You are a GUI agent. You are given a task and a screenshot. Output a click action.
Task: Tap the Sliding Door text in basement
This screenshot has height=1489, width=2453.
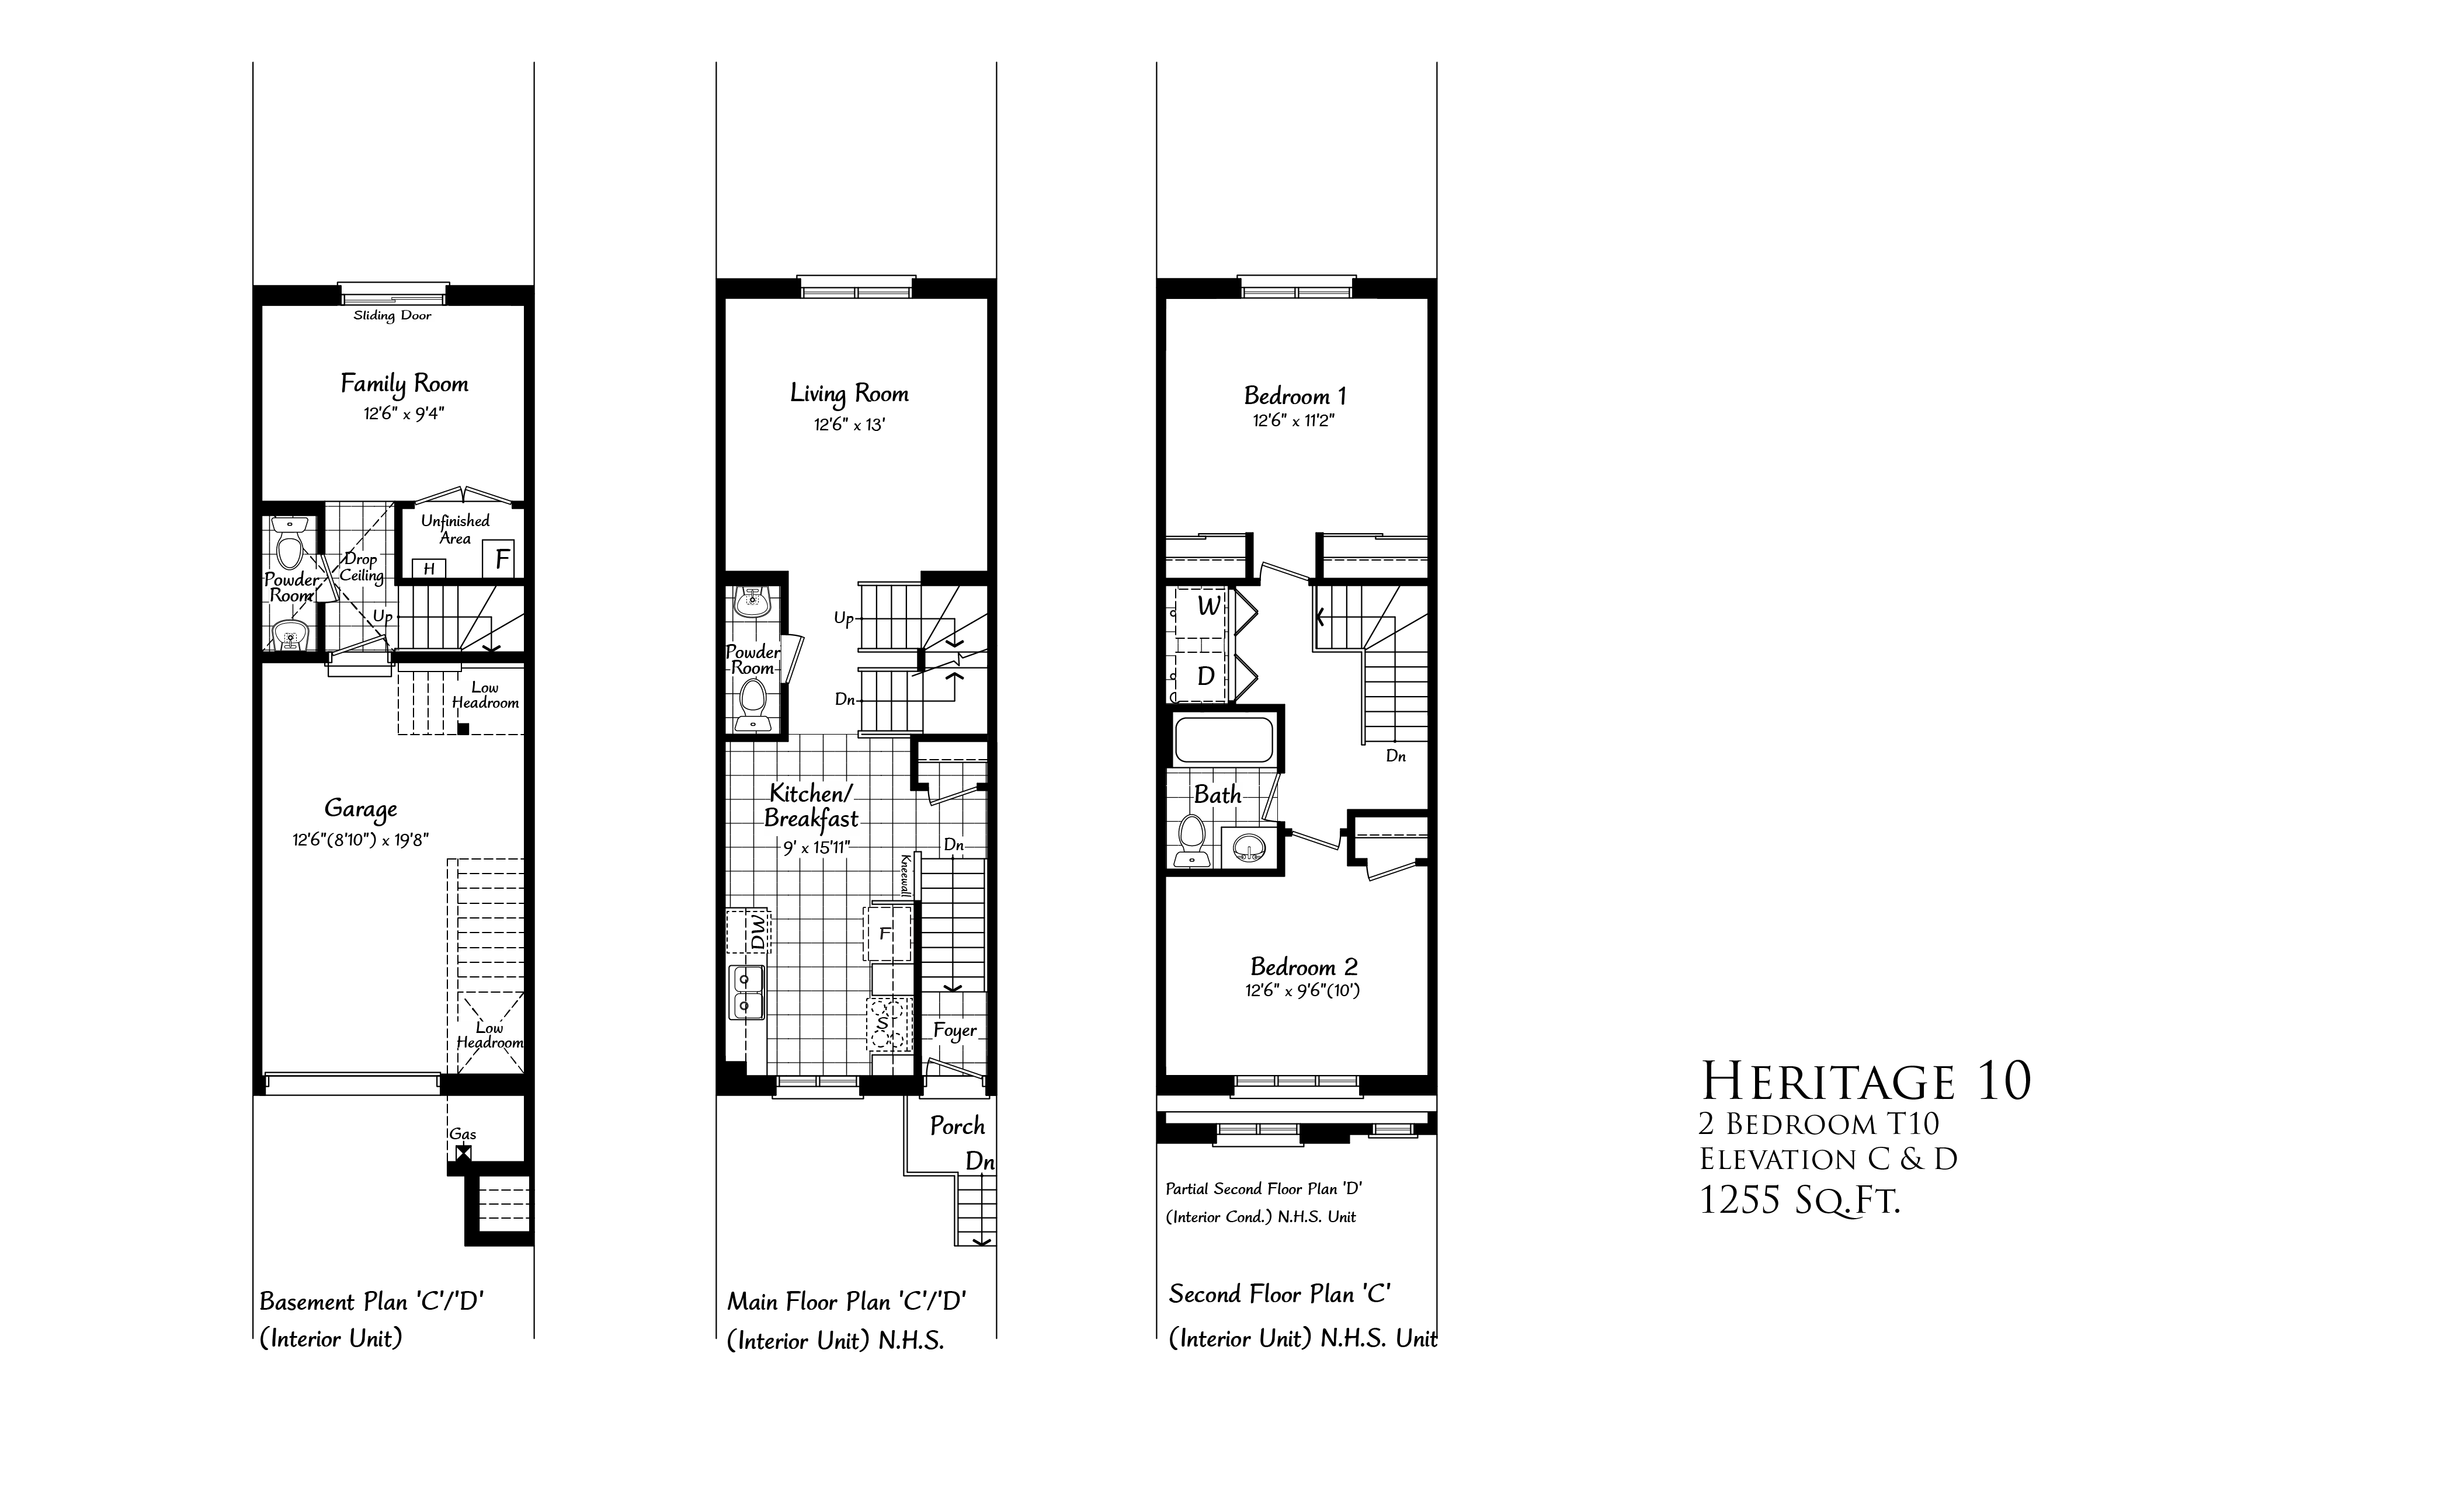[392, 315]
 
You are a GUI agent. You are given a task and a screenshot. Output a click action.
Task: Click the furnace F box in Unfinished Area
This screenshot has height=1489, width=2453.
[501, 558]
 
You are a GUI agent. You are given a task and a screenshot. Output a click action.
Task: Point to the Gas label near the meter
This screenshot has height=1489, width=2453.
[463, 1133]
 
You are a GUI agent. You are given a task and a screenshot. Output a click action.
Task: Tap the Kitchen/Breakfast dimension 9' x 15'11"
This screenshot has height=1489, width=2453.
[816, 848]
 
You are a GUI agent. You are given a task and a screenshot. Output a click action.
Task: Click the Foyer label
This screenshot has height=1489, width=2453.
[955, 1030]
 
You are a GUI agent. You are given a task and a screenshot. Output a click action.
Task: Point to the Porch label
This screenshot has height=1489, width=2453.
[957, 1126]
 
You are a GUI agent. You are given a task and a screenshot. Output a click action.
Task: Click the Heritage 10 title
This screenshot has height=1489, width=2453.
[1865, 1081]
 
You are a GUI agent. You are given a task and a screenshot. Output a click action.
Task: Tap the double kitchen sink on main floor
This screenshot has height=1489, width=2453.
[746, 992]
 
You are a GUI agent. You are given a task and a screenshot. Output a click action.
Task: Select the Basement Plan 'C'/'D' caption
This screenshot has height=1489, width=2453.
[371, 1302]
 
